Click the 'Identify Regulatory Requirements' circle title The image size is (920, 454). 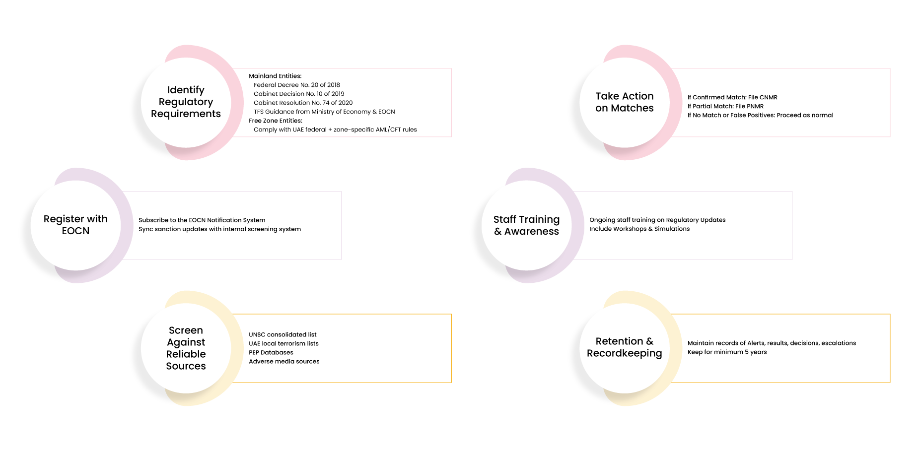[186, 102]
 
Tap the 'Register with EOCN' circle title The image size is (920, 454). [75, 225]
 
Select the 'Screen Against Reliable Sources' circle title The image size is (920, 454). [186, 348]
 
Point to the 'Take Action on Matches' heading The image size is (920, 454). [625, 102]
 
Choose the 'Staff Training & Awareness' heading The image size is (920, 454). [526, 225]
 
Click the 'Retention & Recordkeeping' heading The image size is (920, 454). [625, 347]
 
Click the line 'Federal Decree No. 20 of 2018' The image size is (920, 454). [297, 85]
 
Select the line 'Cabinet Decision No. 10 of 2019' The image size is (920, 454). [299, 94]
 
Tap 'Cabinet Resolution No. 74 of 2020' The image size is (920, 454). [303, 103]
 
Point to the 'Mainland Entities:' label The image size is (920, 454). [275, 76]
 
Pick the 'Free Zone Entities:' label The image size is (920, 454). [276, 121]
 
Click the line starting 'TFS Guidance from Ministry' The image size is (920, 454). [324, 112]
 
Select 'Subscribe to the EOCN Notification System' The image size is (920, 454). [202, 220]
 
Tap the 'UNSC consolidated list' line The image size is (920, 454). [283, 334]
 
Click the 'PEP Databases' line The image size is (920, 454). [271, 352]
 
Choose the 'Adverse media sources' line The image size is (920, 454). [284, 361]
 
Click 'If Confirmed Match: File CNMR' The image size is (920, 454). [732, 97]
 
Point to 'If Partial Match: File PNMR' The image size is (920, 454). [725, 106]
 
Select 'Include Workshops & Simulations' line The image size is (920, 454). [639, 229]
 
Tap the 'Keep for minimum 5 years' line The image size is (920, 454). [727, 352]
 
